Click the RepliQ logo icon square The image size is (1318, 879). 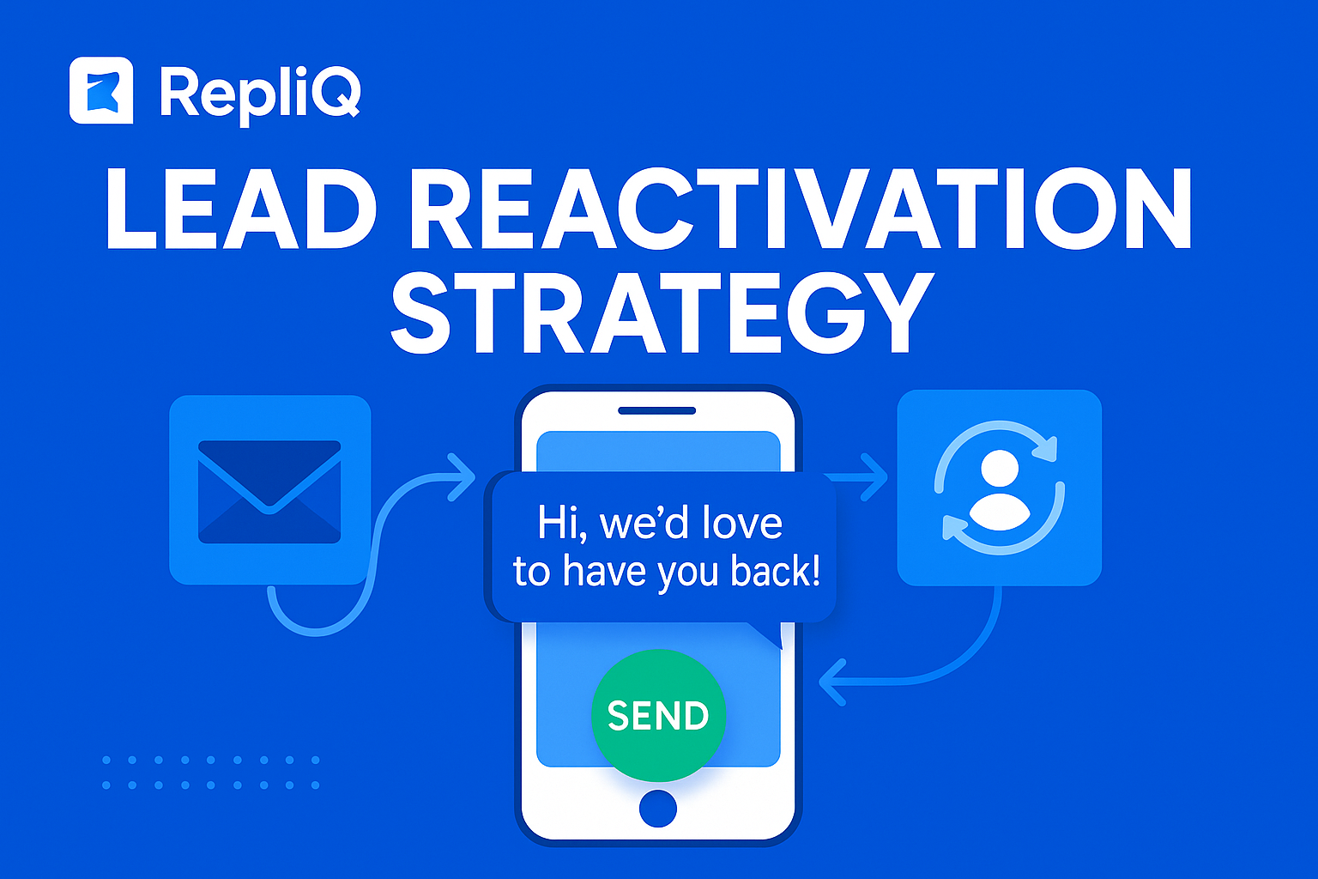click(x=101, y=90)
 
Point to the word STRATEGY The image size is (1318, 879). click(x=662, y=313)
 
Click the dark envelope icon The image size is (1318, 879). click(x=269, y=491)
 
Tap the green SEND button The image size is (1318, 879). click(x=658, y=715)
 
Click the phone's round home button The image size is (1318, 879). click(x=658, y=809)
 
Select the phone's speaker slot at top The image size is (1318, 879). click(x=657, y=410)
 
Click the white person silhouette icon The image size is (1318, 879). click(x=999, y=491)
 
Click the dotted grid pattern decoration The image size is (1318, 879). click(x=211, y=773)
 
